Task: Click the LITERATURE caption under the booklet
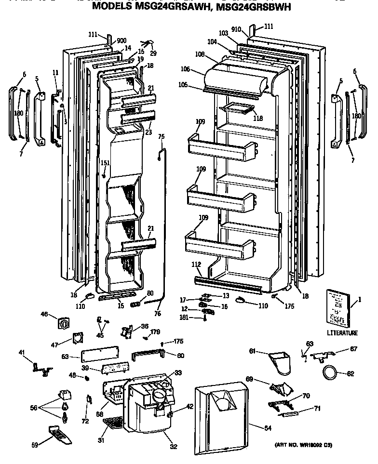pyautogui.click(x=342, y=333)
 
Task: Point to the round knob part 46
pyautogui.click(x=63, y=323)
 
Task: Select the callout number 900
pyautogui.click(x=121, y=40)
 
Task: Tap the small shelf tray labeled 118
pyautogui.click(x=236, y=110)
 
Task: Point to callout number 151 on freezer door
pyautogui.click(x=105, y=163)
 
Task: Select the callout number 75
pyautogui.click(x=162, y=137)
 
